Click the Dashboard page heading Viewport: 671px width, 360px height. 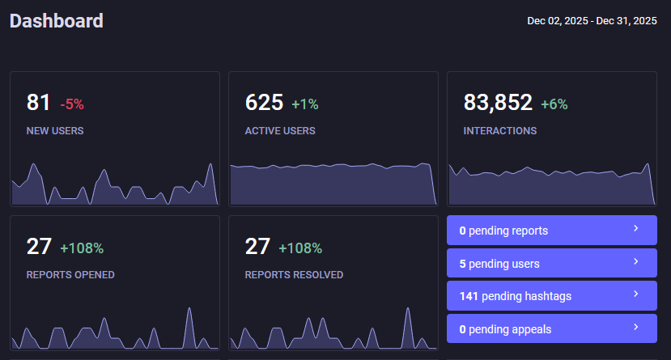point(57,21)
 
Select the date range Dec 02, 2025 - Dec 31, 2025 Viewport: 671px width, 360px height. point(592,21)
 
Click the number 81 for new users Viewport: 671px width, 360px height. point(39,103)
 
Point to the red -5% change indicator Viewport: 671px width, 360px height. point(72,104)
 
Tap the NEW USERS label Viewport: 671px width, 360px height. point(55,130)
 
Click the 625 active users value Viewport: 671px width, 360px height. point(264,103)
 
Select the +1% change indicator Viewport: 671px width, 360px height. point(305,104)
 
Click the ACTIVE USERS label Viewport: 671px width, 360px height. point(280,130)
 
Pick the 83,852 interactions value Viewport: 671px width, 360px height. point(498,103)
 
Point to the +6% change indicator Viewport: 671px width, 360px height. point(554,104)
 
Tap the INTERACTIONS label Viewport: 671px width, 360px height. point(499,130)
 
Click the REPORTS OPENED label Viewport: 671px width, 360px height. point(70,274)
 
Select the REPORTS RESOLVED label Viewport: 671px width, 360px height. point(294,274)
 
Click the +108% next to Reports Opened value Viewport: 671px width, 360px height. point(82,248)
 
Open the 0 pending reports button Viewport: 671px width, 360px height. point(551,231)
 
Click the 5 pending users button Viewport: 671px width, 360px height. point(551,264)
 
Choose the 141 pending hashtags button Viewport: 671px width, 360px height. point(551,296)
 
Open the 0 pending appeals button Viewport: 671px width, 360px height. point(551,328)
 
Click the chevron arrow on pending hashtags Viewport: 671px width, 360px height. point(635,294)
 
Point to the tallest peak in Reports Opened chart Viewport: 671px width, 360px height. point(189,309)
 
